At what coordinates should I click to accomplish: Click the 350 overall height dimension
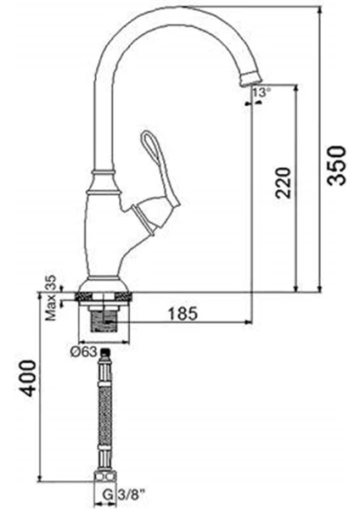pyautogui.click(x=336, y=165)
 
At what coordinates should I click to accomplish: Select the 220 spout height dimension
pyautogui.click(x=284, y=182)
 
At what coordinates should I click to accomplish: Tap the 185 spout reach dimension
pyautogui.click(x=183, y=313)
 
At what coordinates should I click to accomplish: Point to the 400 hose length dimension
pyautogui.click(x=26, y=378)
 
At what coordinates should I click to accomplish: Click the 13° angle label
pyautogui.click(x=262, y=92)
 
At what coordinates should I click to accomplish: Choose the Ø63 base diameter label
pyautogui.click(x=83, y=352)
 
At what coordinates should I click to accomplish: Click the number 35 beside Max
pyautogui.click(x=51, y=282)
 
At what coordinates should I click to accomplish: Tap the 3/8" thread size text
pyautogui.click(x=129, y=495)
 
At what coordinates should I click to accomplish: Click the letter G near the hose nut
pyautogui.click(x=108, y=495)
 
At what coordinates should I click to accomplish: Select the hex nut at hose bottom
pyautogui.click(x=104, y=477)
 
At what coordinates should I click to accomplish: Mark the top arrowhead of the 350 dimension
pyautogui.click(x=320, y=9)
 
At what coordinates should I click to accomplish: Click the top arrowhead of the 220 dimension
pyautogui.click(x=295, y=89)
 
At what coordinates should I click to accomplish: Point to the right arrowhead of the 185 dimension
pyautogui.click(x=248, y=322)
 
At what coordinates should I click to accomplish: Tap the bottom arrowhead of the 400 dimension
pyautogui.click(x=39, y=478)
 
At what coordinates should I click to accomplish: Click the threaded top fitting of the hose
pyautogui.click(x=104, y=354)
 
